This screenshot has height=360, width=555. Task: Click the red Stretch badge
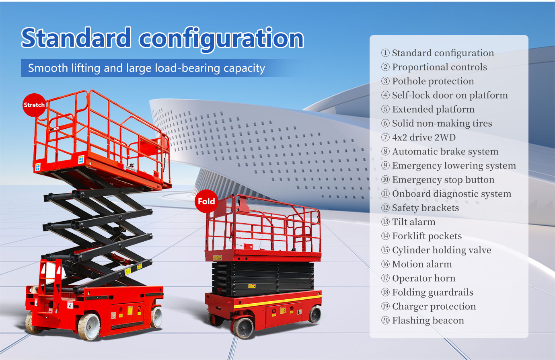pyautogui.click(x=34, y=105)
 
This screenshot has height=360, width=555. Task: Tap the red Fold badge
pyautogui.click(x=206, y=201)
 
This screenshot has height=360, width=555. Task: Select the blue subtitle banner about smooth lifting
pyautogui.click(x=146, y=68)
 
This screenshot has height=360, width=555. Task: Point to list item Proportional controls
pyautogui.click(x=439, y=67)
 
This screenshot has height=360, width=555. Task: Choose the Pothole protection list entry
pyautogui.click(x=433, y=81)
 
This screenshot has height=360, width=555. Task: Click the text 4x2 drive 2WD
pyautogui.click(x=423, y=138)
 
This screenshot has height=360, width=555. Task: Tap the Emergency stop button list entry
pyautogui.click(x=443, y=180)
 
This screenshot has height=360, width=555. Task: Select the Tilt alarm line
pyautogui.click(x=413, y=222)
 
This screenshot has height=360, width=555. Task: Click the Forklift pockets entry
pyautogui.click(x=427, y=236)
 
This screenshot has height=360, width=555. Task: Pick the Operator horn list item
pyautogui.click(x=423, y=278)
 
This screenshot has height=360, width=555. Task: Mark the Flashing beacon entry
pyautogui.click(x=428, y=321)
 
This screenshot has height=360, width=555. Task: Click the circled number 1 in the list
pyautogui.click(x=385, y=53)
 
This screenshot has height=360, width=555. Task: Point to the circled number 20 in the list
pyautogui.click(x=385, y=321)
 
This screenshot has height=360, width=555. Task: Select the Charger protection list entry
pyautogui.click(x=434, y=307)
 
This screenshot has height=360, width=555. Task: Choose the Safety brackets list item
pyautogui.click(x=425, y=208)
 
